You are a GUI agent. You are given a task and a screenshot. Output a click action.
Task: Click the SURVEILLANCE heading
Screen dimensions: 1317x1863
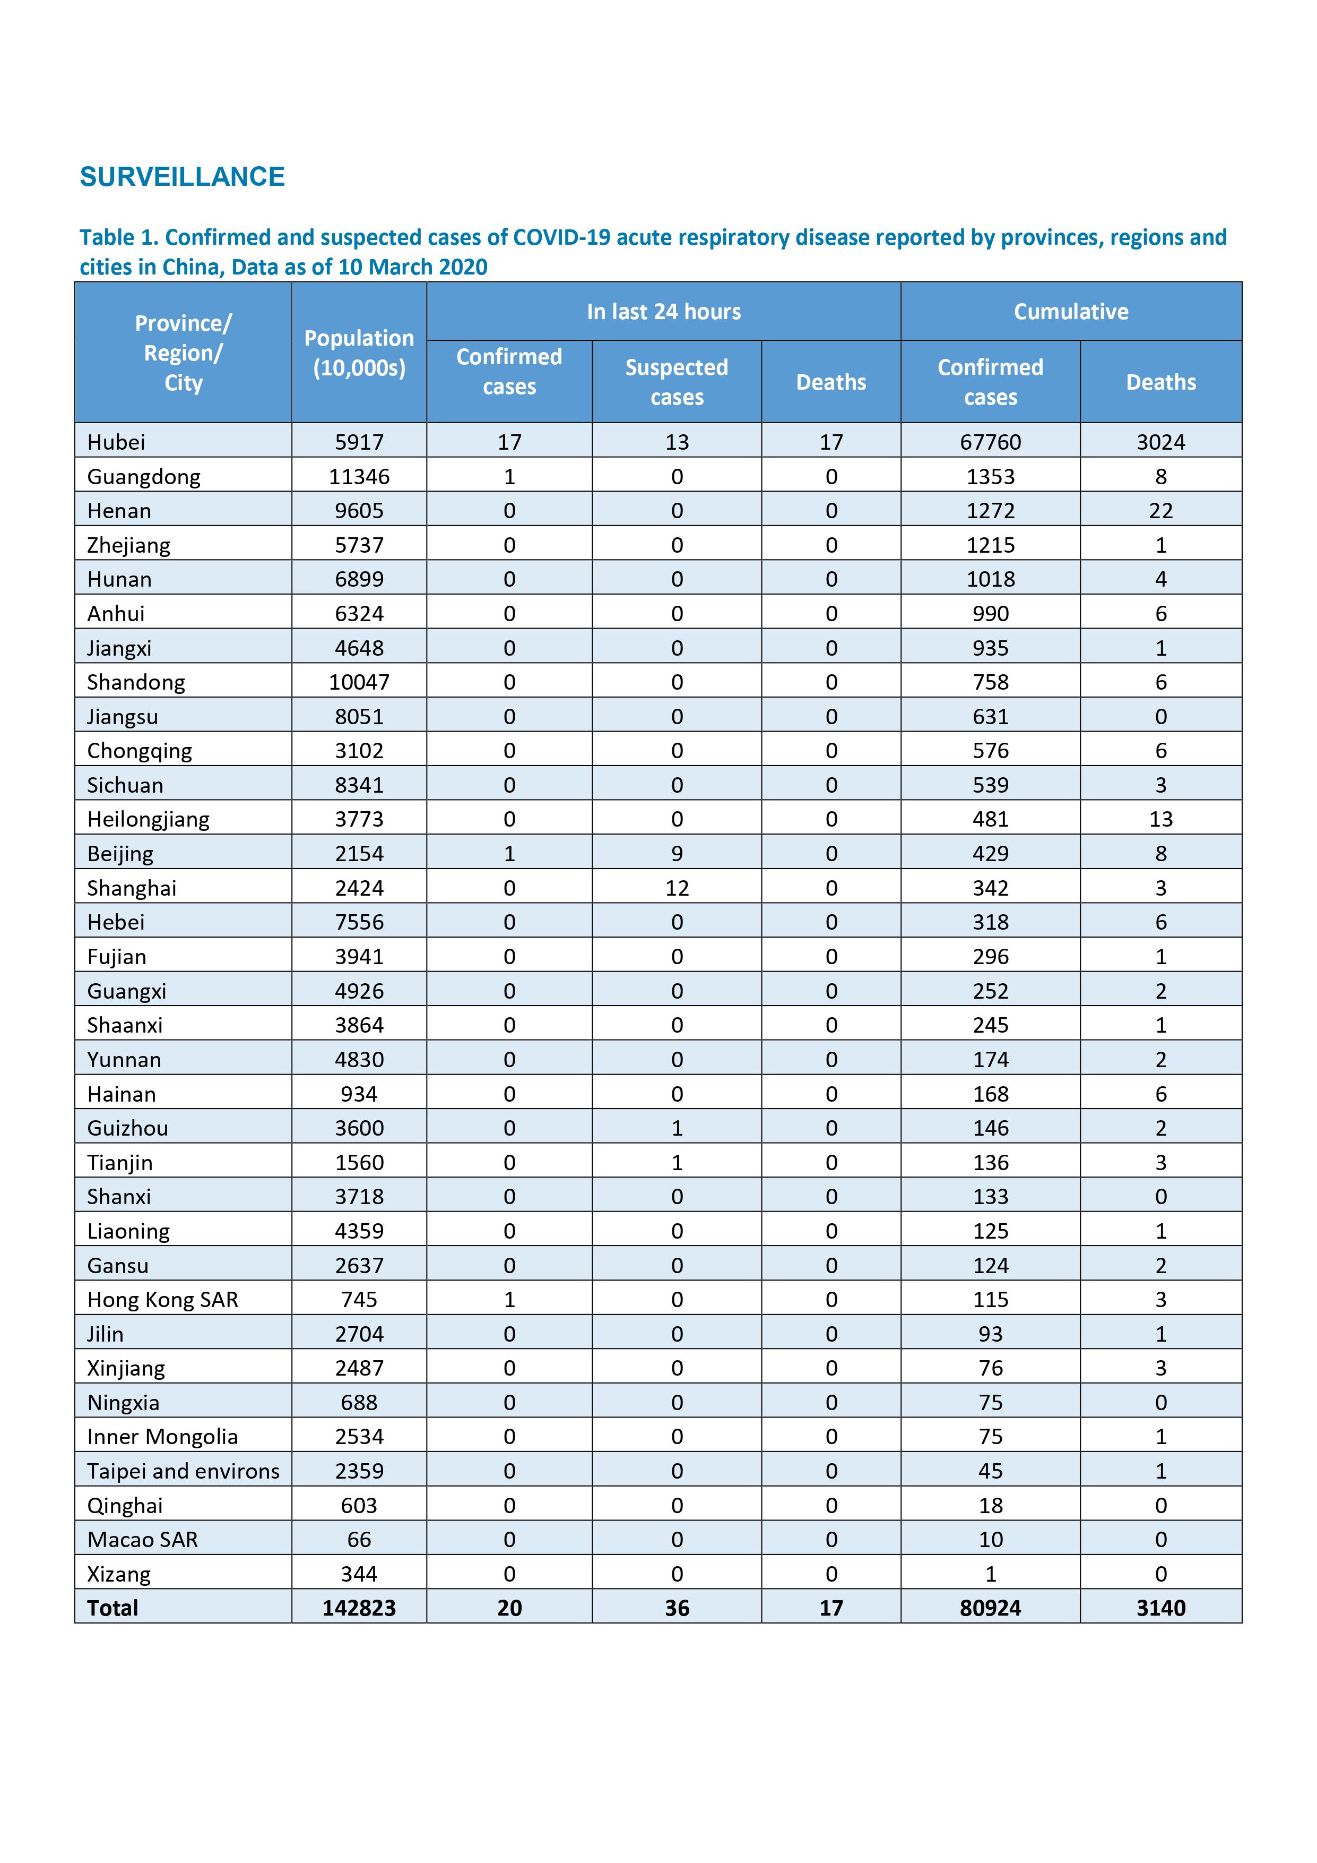coord(183,176)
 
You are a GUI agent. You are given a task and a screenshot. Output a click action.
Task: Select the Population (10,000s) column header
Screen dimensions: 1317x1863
coord(359,353)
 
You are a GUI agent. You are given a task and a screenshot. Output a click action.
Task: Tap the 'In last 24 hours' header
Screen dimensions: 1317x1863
coord(663,312)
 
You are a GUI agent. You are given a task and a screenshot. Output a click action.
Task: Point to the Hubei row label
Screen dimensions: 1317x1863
coord(116,442)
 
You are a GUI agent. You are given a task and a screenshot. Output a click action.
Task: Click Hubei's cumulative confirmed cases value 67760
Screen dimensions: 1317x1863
coord(990,442)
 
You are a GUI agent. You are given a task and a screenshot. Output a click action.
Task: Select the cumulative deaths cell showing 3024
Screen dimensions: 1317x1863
coord(1160,442)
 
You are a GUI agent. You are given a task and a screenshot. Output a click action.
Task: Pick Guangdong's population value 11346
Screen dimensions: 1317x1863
coord(359,476)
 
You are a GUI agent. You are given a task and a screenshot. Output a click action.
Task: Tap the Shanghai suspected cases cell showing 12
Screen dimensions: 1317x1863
coord(677,888)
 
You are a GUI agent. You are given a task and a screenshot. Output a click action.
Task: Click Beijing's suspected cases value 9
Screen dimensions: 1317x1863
coord(677,854)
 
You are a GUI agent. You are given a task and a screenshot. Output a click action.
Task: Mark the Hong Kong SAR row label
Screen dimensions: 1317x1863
coord(162,1300)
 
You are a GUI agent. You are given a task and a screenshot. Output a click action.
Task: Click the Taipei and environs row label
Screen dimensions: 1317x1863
coord(183,1471)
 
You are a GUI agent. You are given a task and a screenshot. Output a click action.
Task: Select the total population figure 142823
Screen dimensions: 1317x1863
coord(359,1608)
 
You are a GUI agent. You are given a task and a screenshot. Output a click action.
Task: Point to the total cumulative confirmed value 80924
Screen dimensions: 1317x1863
coord(990,1608)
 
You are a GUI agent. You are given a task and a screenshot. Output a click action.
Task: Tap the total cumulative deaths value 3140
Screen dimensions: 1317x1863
coord(1160,1608)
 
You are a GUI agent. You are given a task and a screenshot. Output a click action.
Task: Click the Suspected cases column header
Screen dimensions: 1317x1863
coord(677,382)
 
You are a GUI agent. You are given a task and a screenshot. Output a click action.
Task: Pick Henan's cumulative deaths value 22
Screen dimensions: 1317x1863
coord(1160,510)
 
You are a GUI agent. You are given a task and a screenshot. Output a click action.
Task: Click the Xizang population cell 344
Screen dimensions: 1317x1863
coord(359,1574)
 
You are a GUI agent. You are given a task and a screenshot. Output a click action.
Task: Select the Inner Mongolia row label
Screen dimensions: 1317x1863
coord(162,1437)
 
